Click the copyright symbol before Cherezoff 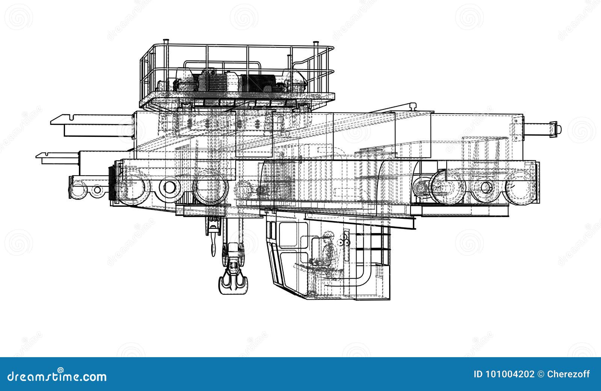[540, 374]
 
